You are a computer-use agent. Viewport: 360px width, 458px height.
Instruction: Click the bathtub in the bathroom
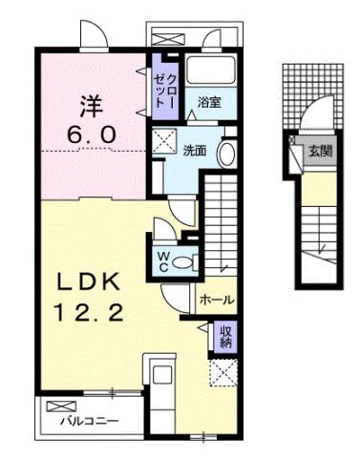click(x=212, y=73)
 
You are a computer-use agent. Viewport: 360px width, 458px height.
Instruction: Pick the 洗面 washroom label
click(x=195, y=150)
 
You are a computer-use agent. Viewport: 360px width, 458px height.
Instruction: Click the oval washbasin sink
click(x=227, y=153)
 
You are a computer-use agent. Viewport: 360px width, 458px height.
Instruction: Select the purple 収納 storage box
click(x=225, y=337)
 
